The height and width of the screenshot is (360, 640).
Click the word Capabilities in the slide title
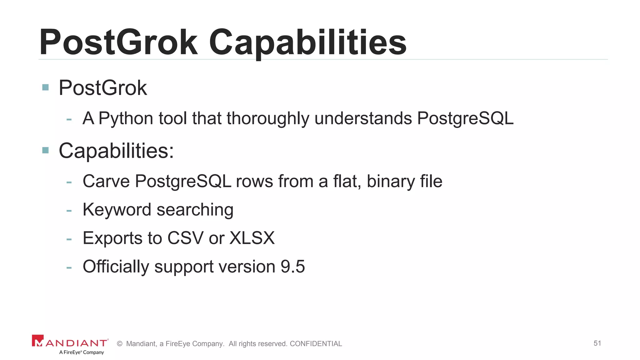pyautogui.click(x=307, y=42)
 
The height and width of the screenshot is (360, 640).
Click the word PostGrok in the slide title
pyautogui.click(x=118, y=42)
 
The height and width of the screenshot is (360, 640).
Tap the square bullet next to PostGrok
pyautogui.click(x=46, y=87)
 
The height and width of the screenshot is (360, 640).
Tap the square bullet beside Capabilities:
pyautogui.click(x=46, y=150)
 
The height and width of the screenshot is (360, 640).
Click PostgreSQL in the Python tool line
pyautogui.click(x=465, y=118)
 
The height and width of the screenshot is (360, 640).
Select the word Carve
pyautogui.click(x=106, y=181)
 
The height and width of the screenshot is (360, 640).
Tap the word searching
pyautogui.click(x=195, y=210)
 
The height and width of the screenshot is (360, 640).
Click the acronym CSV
pyautogui.click(x=185, y=238)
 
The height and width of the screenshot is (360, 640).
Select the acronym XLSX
pyautogui.click(x=252, y=238)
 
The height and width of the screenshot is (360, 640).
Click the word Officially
pyautogui.click(x=116, y=267)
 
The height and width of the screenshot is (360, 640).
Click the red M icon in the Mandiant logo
pyautogui.click(x=38, y=341)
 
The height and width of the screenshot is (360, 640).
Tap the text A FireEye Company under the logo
pyautogui.click(x=82, y=352)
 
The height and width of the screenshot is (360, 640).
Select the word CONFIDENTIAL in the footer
pyautogui.click(x=316, y=344)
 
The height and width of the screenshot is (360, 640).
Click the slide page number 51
pyautogui.click(x=597, y=343)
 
